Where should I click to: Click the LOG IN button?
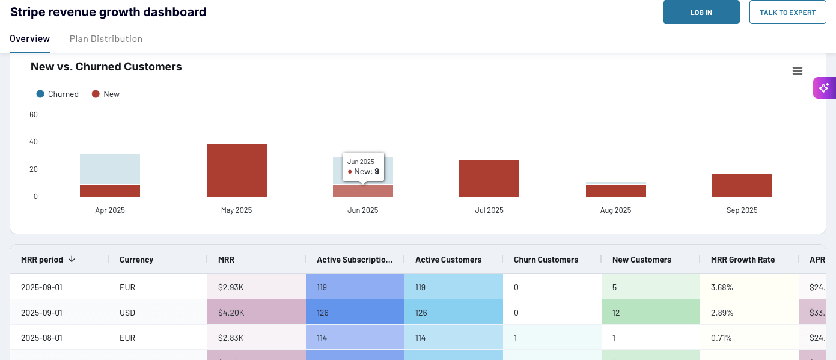tap(701, 12)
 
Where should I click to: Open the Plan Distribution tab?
tap(106, 39)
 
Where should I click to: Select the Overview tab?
tap(30, 39)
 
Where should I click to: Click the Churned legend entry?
tap(58, 94)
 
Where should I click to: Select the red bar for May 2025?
tap(236, 171)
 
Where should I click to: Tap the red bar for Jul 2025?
tap(489, 178)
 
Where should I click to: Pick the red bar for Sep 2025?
tap(742, 185)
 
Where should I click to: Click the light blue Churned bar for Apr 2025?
tap(110, 169)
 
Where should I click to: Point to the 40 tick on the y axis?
tap(34, 142)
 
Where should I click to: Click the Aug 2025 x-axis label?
tap(615, 210)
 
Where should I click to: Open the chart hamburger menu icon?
tap(798, 71)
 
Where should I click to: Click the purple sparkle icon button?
tap(824, 88)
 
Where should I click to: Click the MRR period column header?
tap(42, 260)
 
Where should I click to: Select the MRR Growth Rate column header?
tap(742, 260)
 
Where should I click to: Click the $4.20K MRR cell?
tap(231, 313)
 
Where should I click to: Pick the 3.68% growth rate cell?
tap(721, 287)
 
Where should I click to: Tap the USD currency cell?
tap(127, 313)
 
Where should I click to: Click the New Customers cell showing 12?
tap(616, 313)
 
